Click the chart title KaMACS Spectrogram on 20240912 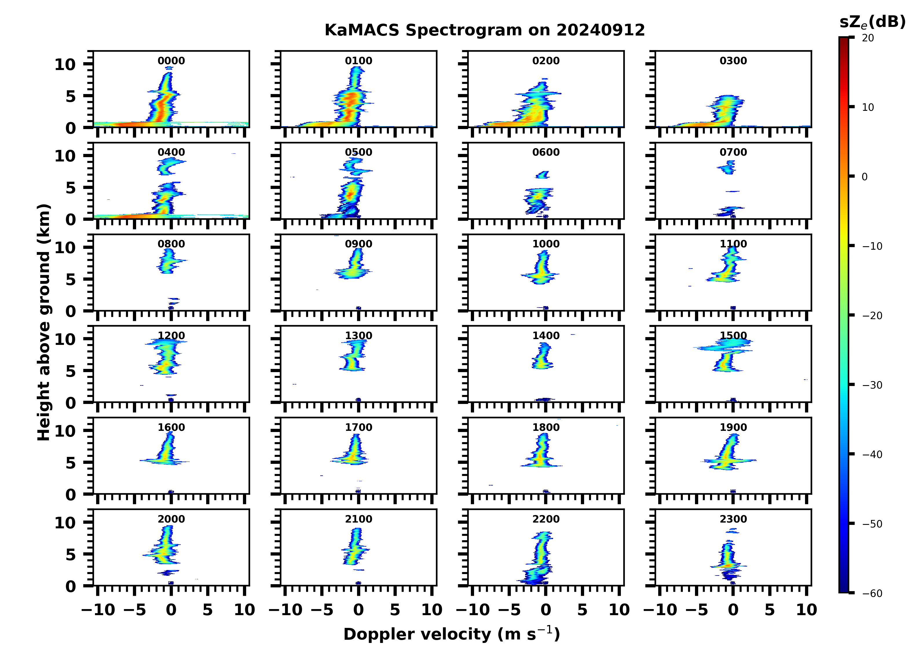point(484,30)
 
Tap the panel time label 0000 point(171,61)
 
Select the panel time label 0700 point(733,152)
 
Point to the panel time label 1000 point(546,244)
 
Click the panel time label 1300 point(359,336)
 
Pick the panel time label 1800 point(546,427)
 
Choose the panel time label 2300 point(733,519)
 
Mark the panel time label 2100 point(359,519)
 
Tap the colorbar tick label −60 point(872,593)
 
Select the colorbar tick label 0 point(864,177)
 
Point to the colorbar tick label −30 point(872,385)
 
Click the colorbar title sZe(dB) point(872,22)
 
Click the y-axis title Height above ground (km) point(44,322)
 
